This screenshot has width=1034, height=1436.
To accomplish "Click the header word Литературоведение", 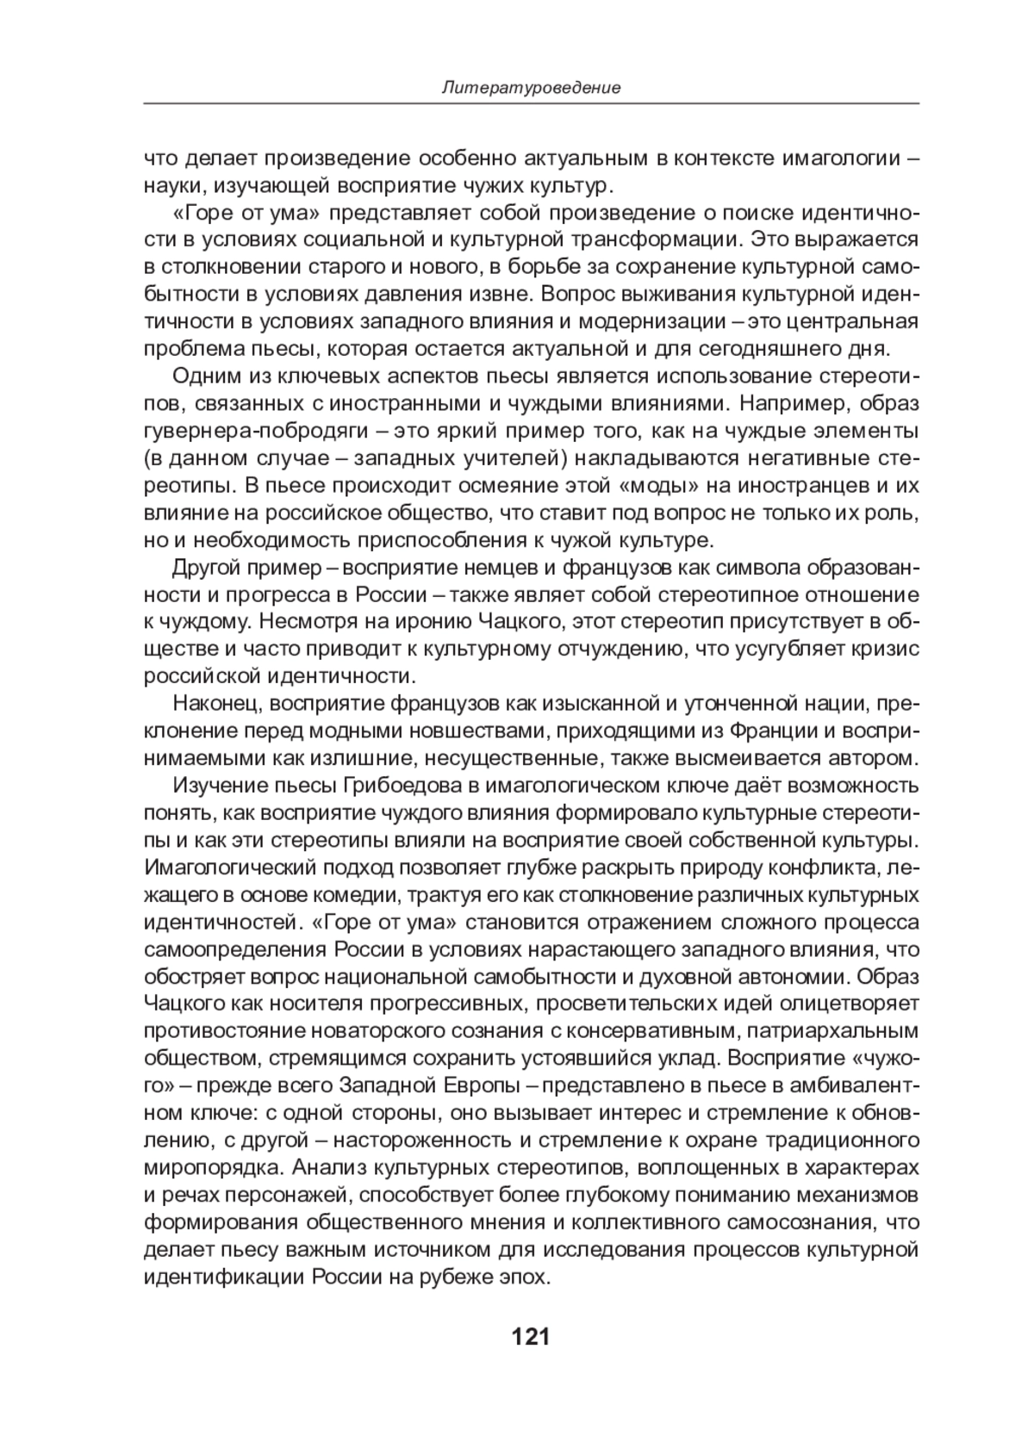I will coord(531,88).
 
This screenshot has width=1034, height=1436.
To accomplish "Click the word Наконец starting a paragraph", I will coord(216,704).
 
